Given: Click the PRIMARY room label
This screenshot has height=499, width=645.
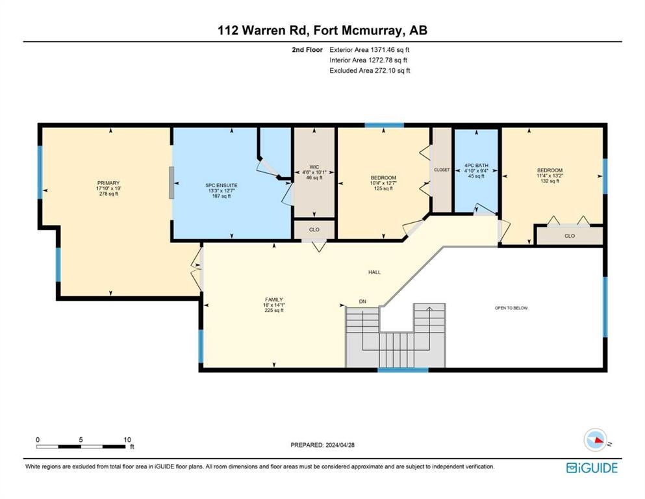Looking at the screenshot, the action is click(x=108, y=183).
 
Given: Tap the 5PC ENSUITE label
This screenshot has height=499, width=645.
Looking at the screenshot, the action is click(x=221, y=186).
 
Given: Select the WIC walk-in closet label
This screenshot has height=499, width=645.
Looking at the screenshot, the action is click(x=314, y=167).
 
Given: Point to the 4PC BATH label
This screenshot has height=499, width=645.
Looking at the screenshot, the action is click(x=476, y=166).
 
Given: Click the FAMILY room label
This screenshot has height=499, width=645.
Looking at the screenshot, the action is click(x=274, y=300).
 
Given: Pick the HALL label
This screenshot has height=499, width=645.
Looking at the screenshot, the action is click(x=374, y=272).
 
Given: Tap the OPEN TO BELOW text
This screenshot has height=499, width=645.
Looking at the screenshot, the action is click(x=511, y=308).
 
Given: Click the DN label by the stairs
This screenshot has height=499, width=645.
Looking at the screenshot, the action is click(x=362, y=301).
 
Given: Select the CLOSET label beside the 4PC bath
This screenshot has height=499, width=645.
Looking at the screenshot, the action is click(x=442, y=170).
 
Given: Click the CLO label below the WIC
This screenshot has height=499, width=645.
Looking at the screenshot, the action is click(x=314, y=230).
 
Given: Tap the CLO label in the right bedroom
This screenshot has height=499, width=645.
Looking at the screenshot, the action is click(x=570, y=236).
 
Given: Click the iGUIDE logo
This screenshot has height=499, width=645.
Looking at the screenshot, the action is click(x=592, y=468).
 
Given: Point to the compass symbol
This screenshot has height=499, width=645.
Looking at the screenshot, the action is click(x=596, y=440).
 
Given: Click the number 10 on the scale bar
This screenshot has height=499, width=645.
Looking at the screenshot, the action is click(x=127, y=440).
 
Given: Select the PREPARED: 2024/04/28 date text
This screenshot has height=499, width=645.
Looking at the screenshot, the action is click(x=322, y=445).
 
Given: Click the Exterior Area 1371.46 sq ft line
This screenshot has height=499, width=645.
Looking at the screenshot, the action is click(x=370, y=50).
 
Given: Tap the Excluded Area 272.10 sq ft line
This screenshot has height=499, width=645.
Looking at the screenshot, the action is click(x=370, y=71).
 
